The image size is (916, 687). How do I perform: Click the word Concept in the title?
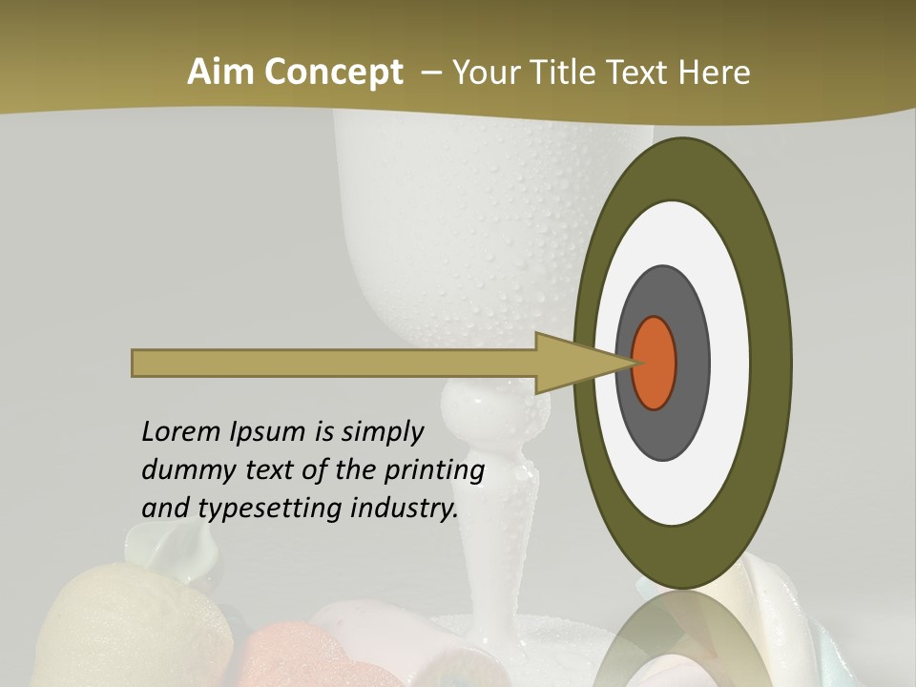tap(332, 72)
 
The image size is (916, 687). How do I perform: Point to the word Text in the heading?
tap(640, 72)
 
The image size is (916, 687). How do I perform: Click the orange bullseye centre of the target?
tap(655, 363)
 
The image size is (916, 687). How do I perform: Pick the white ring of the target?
tap(729, 363)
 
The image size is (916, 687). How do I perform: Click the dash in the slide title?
tap(430, 73)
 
